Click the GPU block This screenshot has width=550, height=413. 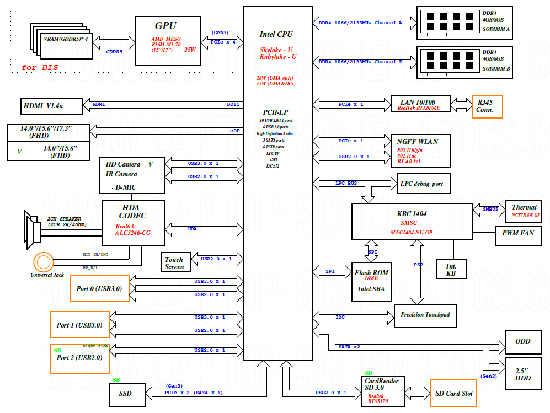pyautogui.click(x=167, y=41)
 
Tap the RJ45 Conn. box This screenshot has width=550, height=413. pyautogui.click(x=487, y=106)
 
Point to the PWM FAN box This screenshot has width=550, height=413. pyautogui.click(x=517, y=233)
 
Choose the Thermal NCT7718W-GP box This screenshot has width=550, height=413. pyautogui.click(x=524, y=211)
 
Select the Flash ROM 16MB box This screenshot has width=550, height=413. pyautogui.click(x=371, y=282)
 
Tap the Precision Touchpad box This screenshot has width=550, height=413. pyautogui.click(x=425, y=315)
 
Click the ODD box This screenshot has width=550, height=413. pyautogui.click(x=522, y=342)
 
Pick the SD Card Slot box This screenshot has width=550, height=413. pyautogui.click(x=454, y=393)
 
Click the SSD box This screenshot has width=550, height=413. pyautogui.click(x=125, y=394)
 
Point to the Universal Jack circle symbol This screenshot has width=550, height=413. pyautogui.click(x=42, y=261)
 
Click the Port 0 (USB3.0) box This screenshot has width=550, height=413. pyautogui.click(x=99, y=288)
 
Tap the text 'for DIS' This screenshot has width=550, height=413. pyautogui.click(x=40, y=68)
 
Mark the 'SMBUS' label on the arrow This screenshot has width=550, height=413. pyautogui.click(x=490, y=210)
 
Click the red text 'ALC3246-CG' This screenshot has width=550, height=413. pyautogui.click(x=132, y=233)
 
